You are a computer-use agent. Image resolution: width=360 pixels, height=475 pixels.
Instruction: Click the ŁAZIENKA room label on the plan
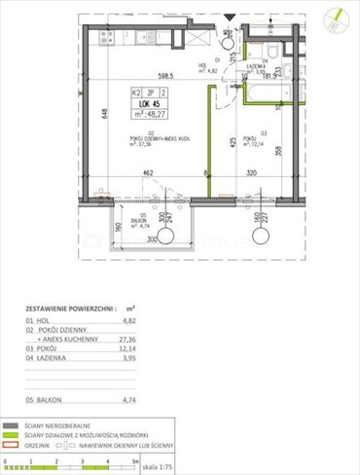(261, 66)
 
